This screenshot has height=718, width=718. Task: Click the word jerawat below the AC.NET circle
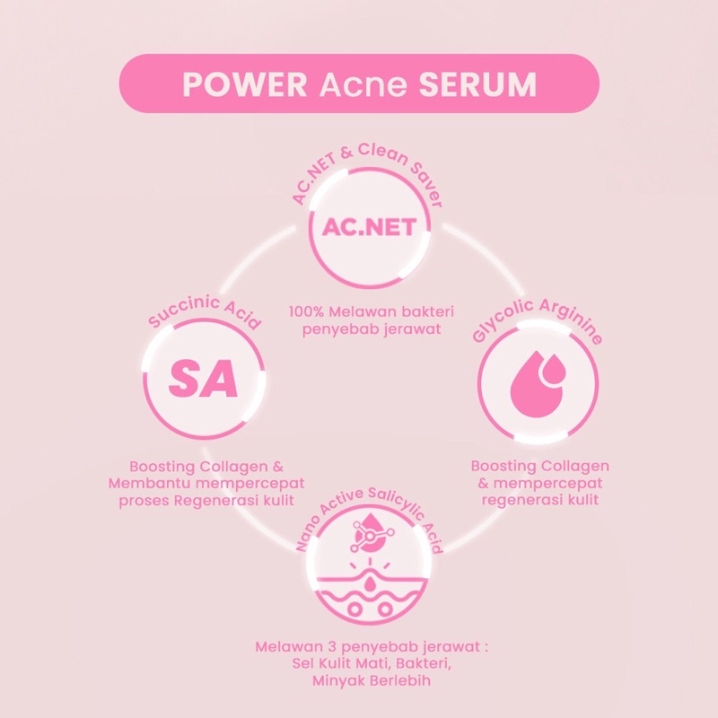click(398, 328)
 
